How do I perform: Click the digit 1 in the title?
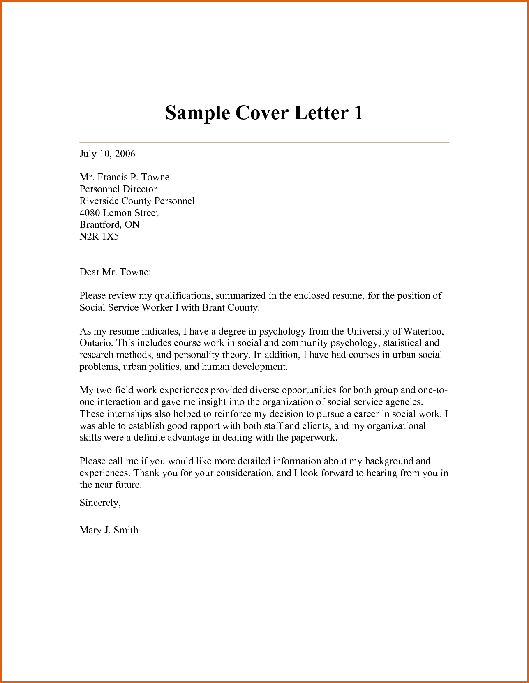[357, 113]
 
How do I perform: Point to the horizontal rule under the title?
[264, 142]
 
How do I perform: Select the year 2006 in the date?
[125, 154]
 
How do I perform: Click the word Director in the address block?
[139, 189]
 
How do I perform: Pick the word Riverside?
[98, 201]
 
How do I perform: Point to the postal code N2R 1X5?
[99, 236]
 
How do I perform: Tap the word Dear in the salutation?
[89, 272]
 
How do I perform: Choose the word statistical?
[402, 343]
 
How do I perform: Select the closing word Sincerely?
[100, 503]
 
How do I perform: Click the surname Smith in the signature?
[126, 530]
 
